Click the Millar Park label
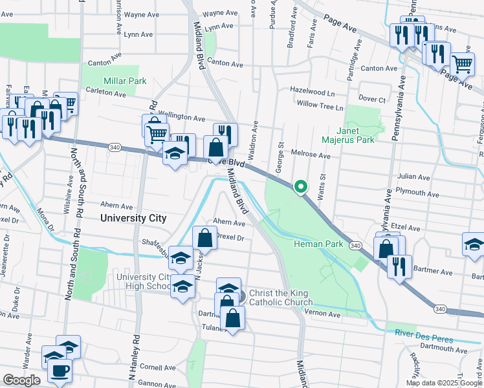(125, 81)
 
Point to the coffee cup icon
(61, 371)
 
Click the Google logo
(21, 380)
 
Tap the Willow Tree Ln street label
(320, 105)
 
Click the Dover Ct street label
(372, 99)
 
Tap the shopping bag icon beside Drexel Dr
(204, 237)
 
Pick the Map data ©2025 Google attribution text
(444, 383)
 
